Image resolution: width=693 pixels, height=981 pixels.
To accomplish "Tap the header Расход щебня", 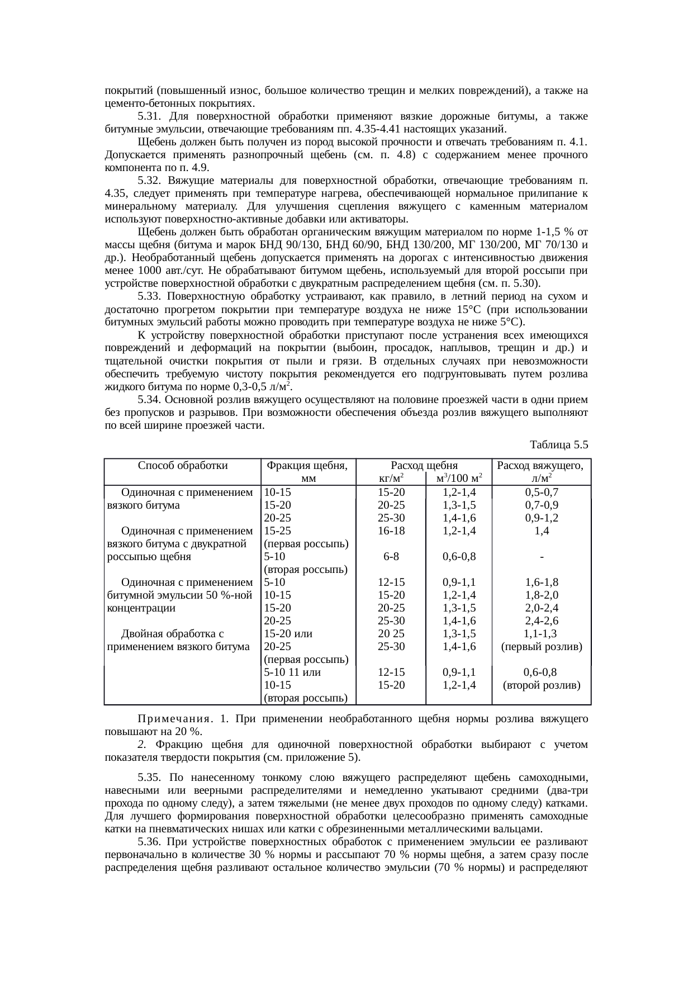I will pos(424,465).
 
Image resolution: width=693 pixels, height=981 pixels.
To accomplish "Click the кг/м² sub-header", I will pos(391,478).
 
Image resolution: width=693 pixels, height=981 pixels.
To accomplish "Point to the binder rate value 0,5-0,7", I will pos(542,492).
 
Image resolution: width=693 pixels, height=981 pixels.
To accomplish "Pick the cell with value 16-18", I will pos(391,531).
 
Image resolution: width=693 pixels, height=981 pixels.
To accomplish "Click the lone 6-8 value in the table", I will pos(391,557).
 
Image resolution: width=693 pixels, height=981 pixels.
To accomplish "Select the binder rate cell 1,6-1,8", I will pos(542,582).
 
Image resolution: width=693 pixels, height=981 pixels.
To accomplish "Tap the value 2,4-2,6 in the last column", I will pos(542,621).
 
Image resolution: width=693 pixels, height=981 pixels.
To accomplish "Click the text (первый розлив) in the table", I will pos(542,647).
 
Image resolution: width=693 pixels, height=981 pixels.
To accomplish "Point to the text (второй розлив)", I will pos(542,685).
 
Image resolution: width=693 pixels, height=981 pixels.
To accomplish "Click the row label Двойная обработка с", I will pos(173,634).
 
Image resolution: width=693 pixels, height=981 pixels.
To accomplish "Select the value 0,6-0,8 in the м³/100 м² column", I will pos(459,557).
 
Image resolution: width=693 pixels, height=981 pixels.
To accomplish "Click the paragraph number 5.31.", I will pos(149,116).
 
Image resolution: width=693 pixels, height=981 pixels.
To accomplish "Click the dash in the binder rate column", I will pos(542,557).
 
